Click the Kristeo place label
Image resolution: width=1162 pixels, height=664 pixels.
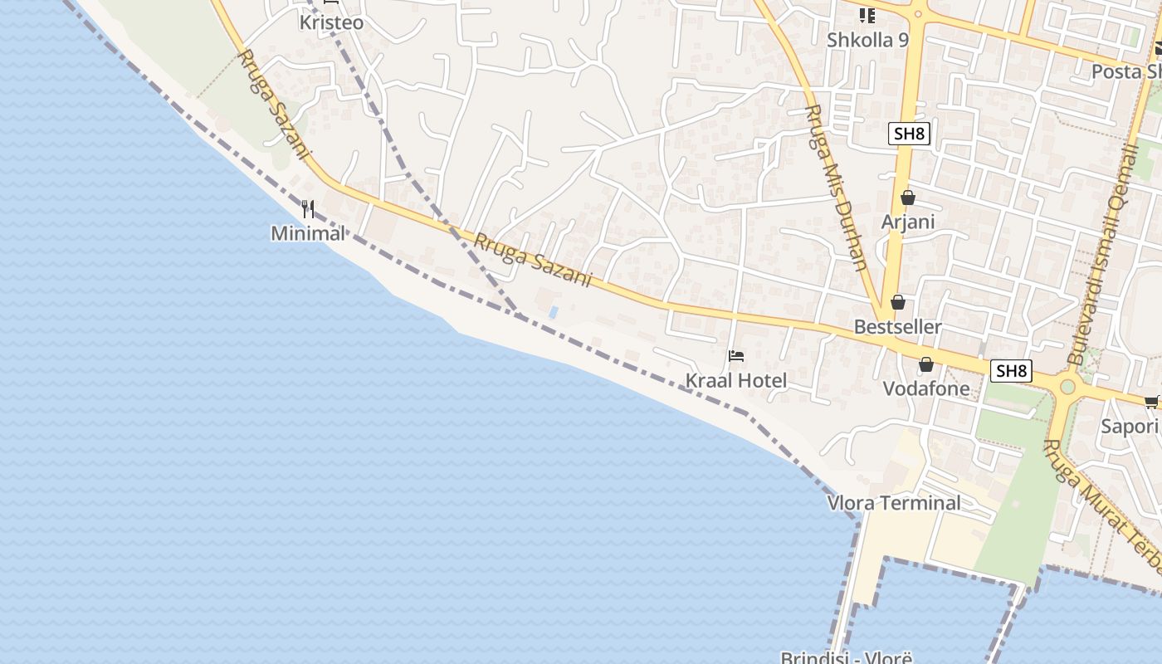click(331, 22)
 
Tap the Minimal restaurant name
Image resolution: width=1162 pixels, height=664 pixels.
click(307, 233)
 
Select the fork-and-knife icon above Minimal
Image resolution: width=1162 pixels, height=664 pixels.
click(308, 207)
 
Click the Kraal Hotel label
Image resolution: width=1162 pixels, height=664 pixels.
click(735, 381)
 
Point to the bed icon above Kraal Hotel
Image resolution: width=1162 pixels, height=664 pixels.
click(735, 357)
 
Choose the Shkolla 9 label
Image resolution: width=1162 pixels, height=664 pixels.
click(867, 40)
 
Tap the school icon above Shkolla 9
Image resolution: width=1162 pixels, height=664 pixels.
click(867, 15)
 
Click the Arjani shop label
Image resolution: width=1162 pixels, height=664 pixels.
click(908, 222)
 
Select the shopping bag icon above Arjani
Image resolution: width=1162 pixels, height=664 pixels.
click(908, 198)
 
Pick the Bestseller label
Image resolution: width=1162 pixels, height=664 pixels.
click(898, 327)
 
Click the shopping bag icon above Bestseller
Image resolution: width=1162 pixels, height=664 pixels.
click(897, 302)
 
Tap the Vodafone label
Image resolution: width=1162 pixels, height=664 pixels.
click(925, 388)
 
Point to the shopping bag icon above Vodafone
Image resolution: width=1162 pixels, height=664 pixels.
click(925, 364)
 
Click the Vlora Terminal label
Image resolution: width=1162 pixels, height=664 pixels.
click(894, 503)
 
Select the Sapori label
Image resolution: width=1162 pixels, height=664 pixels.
click(1129, 427)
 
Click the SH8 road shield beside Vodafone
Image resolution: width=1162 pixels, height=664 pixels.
click(1011, 371)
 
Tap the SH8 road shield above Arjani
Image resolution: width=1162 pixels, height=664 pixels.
click(909, 134)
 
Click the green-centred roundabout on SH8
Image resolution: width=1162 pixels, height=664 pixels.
click(1067, 386)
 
